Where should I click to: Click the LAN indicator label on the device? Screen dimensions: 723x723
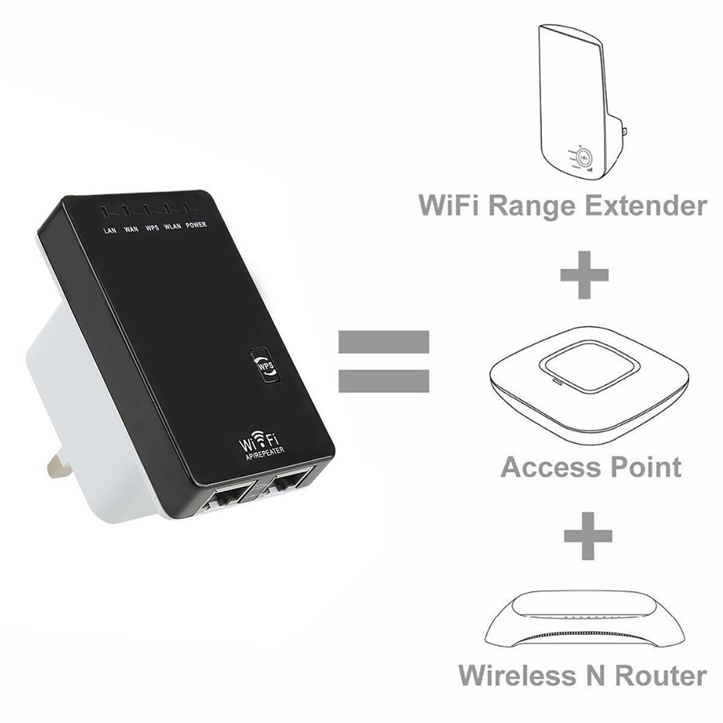(x=110, y=231)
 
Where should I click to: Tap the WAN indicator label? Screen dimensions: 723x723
(x=131, y=230)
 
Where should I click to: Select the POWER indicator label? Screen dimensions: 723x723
(x=196, y=225)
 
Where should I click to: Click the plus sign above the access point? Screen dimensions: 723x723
(x=584, y=275)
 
